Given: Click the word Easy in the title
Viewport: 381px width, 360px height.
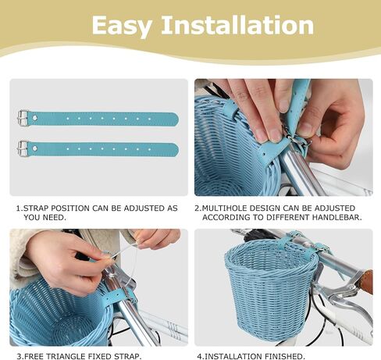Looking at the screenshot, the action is [x=122, y=26].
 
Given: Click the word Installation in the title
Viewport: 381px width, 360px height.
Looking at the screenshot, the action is [x=237, y=25].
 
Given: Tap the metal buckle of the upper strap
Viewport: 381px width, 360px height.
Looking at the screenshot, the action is [x=23, y=118].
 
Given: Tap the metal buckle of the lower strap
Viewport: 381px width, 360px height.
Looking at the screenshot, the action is [x=23, y=148].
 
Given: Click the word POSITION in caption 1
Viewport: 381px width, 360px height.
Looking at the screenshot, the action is [x=70, y=209].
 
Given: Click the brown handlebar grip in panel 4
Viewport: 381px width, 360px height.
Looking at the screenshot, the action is [x=368, y=280].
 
